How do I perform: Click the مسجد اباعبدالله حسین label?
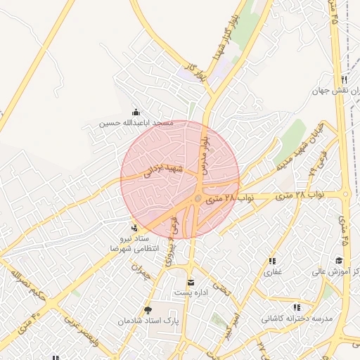pos(136,123)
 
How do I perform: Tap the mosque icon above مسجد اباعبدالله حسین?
pos(136,112)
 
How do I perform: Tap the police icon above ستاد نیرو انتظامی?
pos(134,227)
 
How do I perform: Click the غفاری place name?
pos(273,271)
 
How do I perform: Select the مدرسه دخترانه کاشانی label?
pos(296,319)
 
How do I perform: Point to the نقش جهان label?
pos(336,91)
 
